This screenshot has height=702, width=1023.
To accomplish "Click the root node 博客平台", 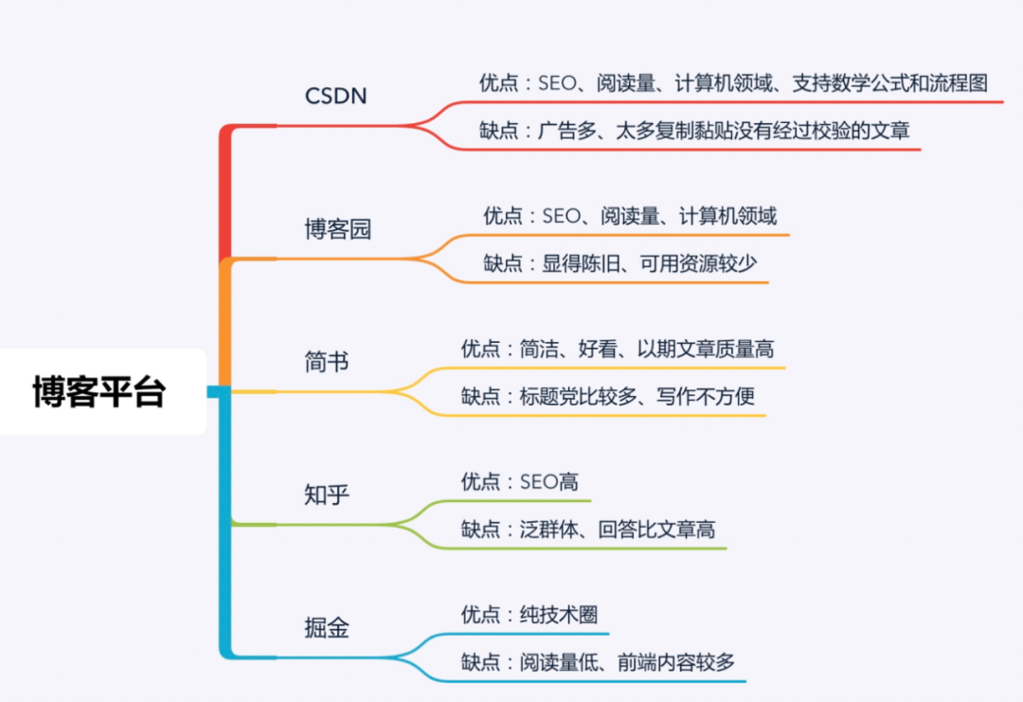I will click(x=99, y=391).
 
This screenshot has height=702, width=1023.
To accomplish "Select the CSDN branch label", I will click(x=335, y=96).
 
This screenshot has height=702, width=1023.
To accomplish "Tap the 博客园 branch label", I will click(x=337, y=229).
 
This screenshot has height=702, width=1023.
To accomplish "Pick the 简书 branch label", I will click(x=327, y=362).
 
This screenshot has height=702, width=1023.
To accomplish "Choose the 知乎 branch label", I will click(x=327, y=495).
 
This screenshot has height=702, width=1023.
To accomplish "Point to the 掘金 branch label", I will click(x=327, y=627).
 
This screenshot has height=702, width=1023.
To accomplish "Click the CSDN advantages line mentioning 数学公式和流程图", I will click(x=733, y=82).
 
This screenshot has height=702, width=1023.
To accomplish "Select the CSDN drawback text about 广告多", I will click(x=694, y=130).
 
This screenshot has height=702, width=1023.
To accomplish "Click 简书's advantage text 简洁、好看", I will click(x=617, y=349).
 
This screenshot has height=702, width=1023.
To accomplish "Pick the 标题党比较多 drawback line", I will click(x=607, y=396).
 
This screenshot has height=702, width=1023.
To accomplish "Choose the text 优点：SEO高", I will click(x=519, y=481).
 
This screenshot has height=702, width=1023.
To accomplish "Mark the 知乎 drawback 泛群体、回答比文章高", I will click(x=587, y=529).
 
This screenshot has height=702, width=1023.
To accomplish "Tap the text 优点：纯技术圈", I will click(x=529, y=614).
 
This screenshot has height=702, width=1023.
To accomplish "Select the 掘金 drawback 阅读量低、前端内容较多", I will click(x=598, y=661).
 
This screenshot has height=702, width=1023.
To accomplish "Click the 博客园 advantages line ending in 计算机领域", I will click(x=630, y=216).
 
